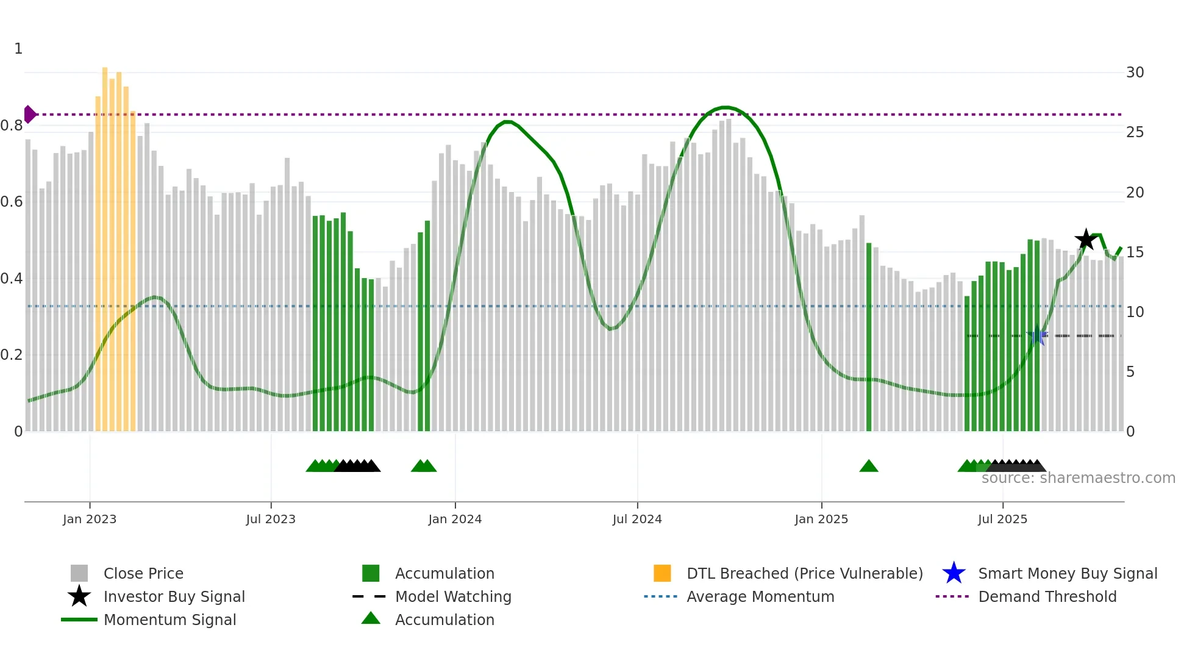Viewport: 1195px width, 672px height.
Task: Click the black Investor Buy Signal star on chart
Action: click(1085, 240)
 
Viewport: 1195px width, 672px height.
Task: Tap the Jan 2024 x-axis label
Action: click(455, 519)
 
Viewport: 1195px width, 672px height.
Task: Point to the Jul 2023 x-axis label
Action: click(271, 519)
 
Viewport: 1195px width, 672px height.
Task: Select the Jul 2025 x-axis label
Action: click(1002, 519)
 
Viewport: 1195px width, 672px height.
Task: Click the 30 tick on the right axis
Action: click(1135, 73)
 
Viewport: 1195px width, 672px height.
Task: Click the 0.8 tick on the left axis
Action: click(12, 126)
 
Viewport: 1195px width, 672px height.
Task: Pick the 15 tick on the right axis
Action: click(1135, 252)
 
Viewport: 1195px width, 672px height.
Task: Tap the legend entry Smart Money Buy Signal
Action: click(1067, 574)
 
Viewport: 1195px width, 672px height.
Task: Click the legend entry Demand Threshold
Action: click(1047, 597)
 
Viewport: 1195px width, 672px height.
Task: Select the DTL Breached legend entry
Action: click(804, 574)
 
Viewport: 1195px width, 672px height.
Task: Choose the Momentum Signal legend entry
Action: click(169, 620)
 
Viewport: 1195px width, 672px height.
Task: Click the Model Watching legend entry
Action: click(453, 597)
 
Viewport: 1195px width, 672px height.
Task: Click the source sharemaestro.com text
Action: click(1078, 478)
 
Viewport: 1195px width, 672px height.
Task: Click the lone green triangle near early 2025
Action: click(868, 466)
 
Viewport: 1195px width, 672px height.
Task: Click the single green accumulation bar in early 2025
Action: click(869, 335)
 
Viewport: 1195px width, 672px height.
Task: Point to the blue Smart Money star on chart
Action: click(1036, 335)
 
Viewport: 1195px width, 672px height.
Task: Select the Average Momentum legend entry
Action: click(760, 597)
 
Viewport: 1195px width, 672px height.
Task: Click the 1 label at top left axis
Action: click(18, 49)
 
